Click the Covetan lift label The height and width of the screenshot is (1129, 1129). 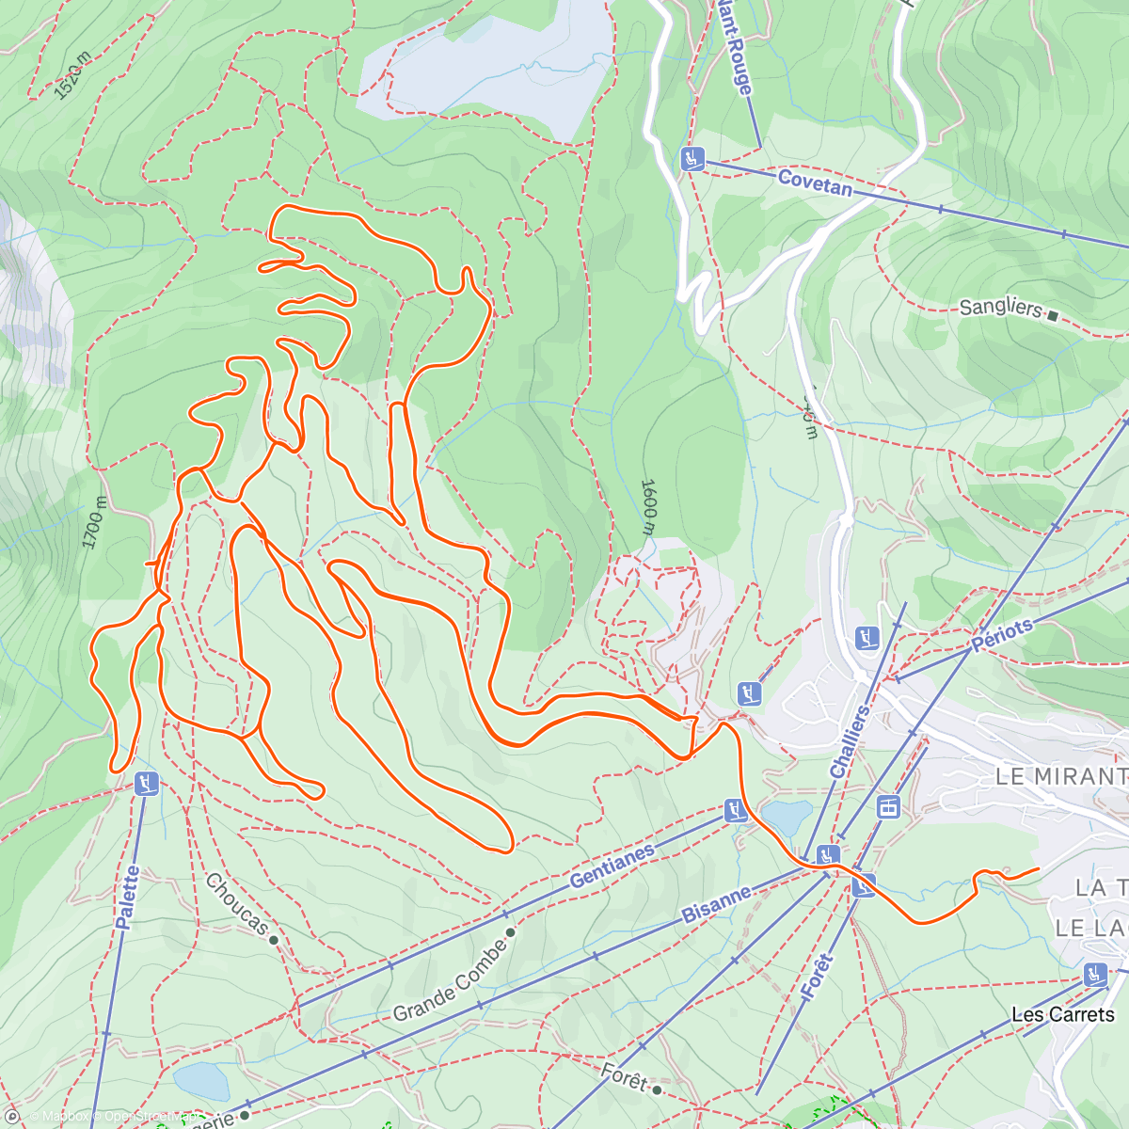click(815, 183)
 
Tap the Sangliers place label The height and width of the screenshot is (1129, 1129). click(1000, 308)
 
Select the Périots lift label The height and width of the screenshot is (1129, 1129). click(1002, 635)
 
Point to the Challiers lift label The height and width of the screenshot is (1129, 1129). click(850, 741)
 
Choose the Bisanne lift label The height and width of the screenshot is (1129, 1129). click(717, 903)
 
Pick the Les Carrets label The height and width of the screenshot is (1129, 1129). click(1062, 1014)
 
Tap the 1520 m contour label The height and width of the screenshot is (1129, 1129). click(72, 76)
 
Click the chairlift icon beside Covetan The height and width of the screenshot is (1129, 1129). click(693, 159)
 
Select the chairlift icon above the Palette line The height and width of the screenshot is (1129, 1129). click(146, 783)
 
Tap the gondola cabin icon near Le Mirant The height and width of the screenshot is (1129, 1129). click(887, 806)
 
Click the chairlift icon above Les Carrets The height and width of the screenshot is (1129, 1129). click(1094, 974)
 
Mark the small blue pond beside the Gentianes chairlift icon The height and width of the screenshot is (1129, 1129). click(787, 817)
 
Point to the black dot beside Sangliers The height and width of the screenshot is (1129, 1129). click(1053, 316)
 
